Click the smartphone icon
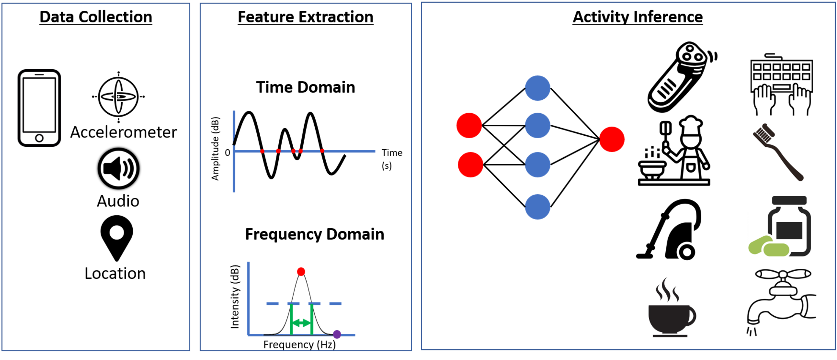pyautogui.click(x=39, y=108)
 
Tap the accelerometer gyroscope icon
pyautogui.click(x=118, y=97)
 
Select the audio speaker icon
pyautogui.click(x=119, y=168)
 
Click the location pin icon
pyautogui.click(x=117, y=238)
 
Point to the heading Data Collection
pyautogui.click(x=96, y=17)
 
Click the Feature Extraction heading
pyautogui.click(x=305, y=17)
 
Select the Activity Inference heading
pyautogui.click(x=637, y=17)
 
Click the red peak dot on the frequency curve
pyautogui.click(x=301, y=272)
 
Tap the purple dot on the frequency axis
pyautogui.click(x=337, y=334)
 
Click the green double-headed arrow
pyautogui.click(x=301, y=323)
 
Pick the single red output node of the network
pyautogui.click(x=612, y=139)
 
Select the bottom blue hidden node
pyautogui.click(x=537, y=207)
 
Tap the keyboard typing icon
pyautogui.click(x=781, y=84)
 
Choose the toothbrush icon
pyautogui.click(x=778, y=152)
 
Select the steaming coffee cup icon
pyautogui.click(x=671, y=307)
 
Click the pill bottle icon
pyautogui.click(x=780, y=226)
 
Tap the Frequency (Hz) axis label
pyautogui.click(x=299, y=345)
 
